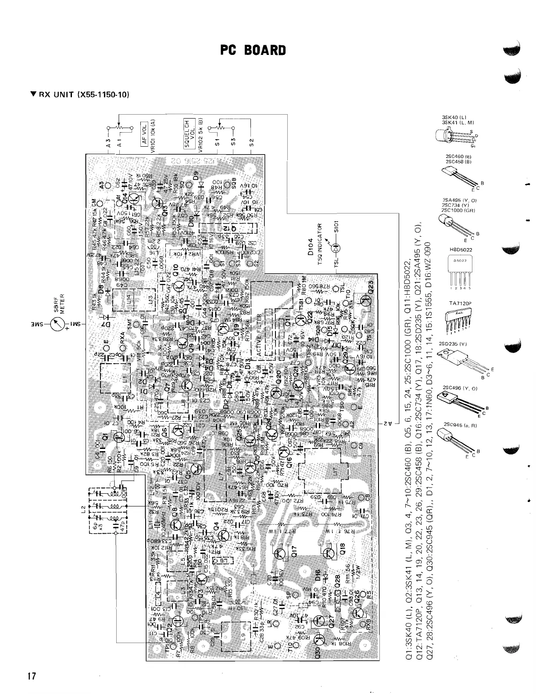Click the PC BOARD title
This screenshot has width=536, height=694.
point(253,51)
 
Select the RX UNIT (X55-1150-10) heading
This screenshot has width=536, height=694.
point(80,94)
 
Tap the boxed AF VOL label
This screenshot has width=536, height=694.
point(144,131)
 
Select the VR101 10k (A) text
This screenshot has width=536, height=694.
point(153,134)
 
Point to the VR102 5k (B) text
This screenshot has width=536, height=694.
point(200,135)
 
